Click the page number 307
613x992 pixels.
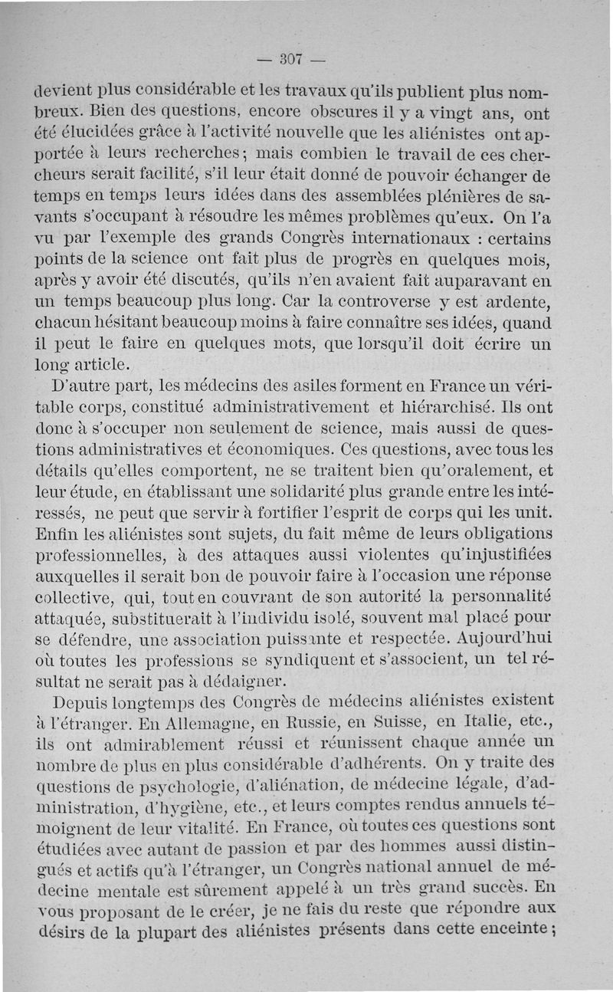(292, 58)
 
